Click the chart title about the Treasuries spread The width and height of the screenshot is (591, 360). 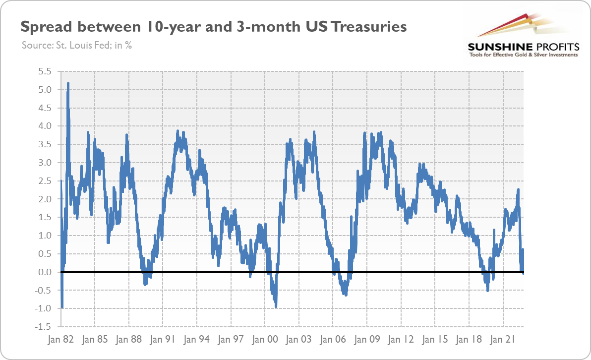(213, 27)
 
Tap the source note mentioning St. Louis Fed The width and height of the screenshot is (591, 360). (76, 45)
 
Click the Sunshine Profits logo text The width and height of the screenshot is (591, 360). (524, 47)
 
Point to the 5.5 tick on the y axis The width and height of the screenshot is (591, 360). (45, 71)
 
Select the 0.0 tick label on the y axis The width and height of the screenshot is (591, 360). (45, 272)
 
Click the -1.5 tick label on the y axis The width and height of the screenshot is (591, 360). (44, 327)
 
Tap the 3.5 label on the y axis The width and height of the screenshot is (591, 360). (45, 144)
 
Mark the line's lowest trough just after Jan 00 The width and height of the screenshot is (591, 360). (276, 306)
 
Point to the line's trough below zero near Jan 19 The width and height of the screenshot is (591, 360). (488, 290)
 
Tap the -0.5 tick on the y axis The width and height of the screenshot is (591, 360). (44, 291)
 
